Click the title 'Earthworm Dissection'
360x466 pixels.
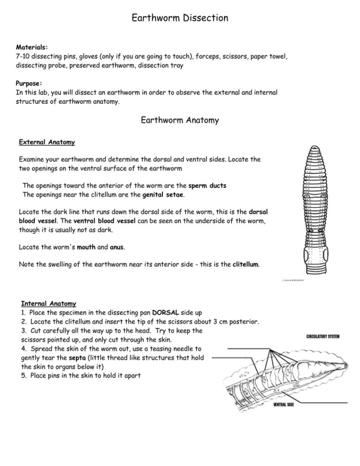click(x=180, y=18)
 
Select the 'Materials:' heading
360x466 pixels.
click(x=32, y=47)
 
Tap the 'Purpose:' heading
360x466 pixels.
click(x=29, y=83)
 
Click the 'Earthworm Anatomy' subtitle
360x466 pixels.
click(x=180, y=121)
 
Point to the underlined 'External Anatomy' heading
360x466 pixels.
click(x=47, y=142)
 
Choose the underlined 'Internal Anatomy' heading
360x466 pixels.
click(x=49, y=304)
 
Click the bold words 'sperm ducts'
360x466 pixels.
click(x=207, y=185)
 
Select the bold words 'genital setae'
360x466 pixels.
click(x=163, y=195)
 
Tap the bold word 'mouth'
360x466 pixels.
click(x=86, y=247)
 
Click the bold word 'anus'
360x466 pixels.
click(x=117, y=247)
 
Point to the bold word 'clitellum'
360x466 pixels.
click(x=246, y=265)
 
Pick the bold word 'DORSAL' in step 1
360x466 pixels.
click(x=166, y=313)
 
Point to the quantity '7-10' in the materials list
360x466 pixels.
click(x=24, y=56)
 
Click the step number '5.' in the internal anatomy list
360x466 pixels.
click(x=25, y=376)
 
